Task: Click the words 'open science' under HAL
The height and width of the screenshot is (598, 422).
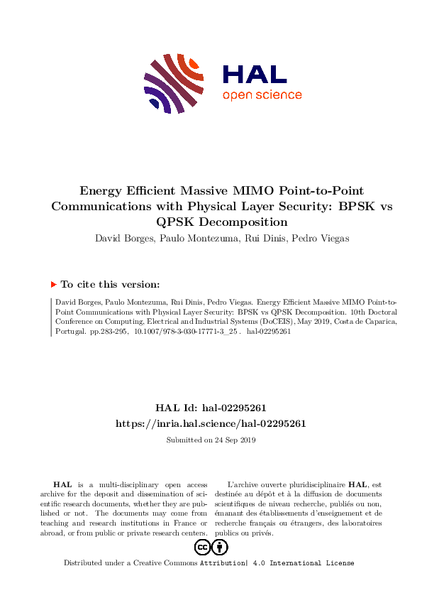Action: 262,95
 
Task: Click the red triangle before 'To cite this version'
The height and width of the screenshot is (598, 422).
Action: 53,285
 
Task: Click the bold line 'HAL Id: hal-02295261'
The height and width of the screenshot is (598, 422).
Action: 211,408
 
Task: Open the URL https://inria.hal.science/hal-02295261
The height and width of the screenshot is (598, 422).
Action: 211,423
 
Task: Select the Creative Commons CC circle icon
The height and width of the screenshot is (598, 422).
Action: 202,547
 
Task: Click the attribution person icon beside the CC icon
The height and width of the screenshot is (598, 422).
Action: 221,547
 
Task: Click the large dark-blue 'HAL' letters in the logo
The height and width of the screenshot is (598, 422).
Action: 254,74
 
